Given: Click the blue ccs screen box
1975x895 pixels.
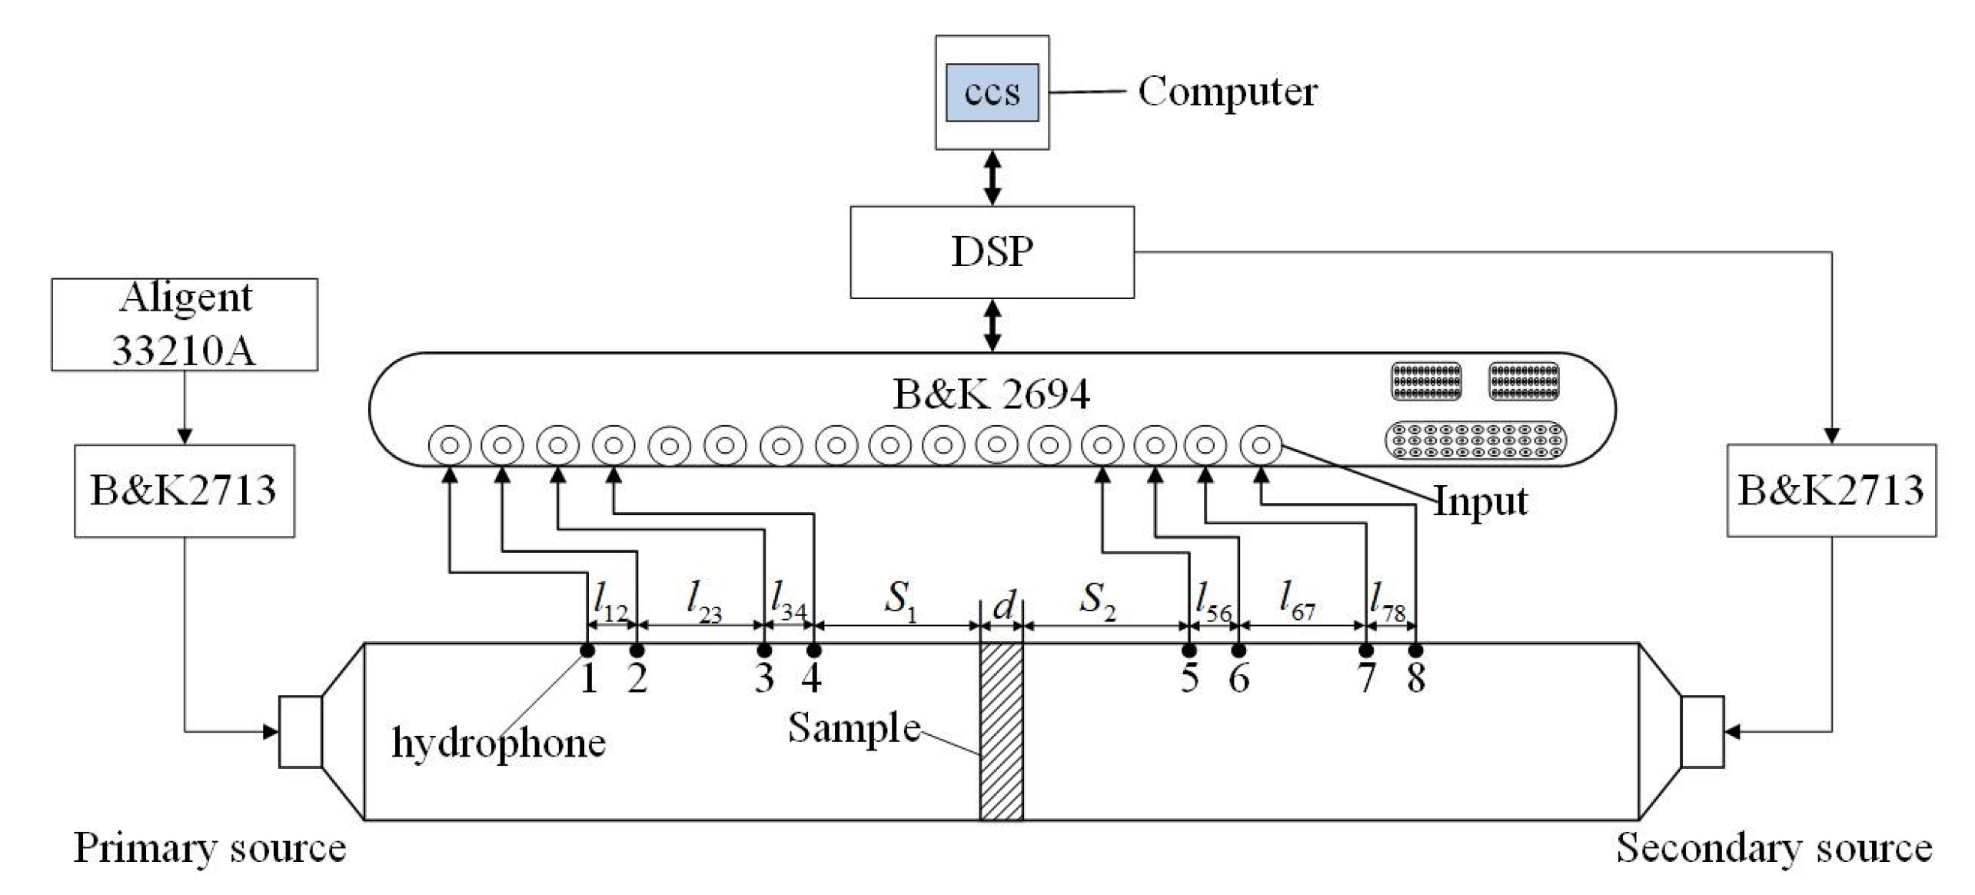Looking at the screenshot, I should [x=992, y=92].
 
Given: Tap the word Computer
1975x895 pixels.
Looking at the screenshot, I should [x=1227, y=91].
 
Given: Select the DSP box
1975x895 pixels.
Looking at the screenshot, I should [x=992, y=251].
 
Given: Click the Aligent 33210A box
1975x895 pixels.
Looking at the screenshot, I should [x=185, y=324].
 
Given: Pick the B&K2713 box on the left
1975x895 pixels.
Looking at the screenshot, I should [x=184, y=490].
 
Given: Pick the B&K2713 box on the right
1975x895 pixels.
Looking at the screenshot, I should [x=1830, y=490].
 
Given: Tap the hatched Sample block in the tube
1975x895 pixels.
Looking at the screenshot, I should [x=1000, y=730].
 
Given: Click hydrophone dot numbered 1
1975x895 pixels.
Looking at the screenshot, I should [x=587, y=650].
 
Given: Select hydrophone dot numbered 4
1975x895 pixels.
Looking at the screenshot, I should [x=813, y=650].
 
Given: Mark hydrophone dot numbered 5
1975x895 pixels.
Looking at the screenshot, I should [x=1189, y=650].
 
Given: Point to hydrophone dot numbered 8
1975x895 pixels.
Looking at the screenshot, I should [x=1415, y=650].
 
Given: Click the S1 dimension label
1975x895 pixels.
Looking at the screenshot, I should [x=899, y=600].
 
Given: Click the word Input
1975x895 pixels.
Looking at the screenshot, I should [x=1481, y=501].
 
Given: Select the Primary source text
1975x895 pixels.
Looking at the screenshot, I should [x=209, y=848].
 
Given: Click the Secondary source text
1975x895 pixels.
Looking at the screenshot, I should [x=1774, y=848].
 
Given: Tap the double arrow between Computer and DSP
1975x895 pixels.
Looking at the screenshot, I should [x=992, y=178].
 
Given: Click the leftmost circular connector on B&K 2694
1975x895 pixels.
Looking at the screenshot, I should [x=449, y=445].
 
